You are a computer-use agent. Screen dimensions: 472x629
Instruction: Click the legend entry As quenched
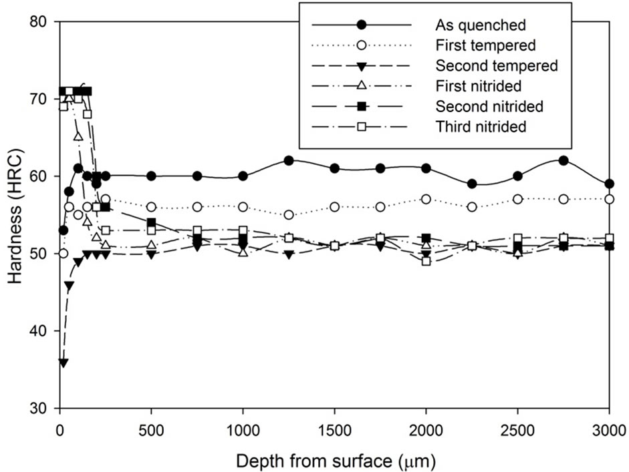tap(481, 25)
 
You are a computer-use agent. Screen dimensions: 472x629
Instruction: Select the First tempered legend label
tap(485, 45)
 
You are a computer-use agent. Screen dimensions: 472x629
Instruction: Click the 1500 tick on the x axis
tap(334, 428)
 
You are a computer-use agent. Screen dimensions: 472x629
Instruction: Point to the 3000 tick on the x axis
tap(608, 428)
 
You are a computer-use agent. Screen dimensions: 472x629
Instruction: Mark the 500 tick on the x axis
tap(152, 428)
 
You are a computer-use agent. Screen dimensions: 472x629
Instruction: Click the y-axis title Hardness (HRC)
tap(16, 215)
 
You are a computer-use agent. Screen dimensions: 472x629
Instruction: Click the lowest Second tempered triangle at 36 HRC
tap(64, 363)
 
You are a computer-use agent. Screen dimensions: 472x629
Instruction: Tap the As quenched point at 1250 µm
tap(289, 161)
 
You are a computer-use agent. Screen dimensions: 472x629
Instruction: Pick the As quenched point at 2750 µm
tap(563, 161)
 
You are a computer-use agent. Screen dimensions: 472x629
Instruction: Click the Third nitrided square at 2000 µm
tap(426, 261)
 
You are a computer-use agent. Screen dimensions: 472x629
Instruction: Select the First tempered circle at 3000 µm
tap(609, 199)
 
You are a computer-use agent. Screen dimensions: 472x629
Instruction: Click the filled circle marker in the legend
tap(361, 25)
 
